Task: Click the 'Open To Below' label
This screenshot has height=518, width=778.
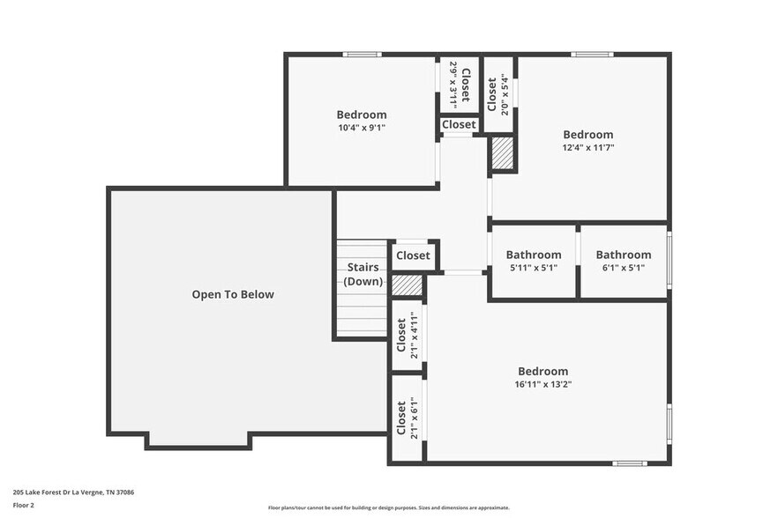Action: pos(233,294)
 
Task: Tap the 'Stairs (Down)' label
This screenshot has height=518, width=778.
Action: pos(363,274)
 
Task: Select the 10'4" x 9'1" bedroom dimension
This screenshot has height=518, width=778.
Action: pos(361,128)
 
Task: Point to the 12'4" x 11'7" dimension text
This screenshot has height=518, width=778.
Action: pos(587,148)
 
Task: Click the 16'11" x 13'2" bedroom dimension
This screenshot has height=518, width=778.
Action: pos(542,384)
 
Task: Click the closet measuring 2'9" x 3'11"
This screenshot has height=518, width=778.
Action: pos(460,85)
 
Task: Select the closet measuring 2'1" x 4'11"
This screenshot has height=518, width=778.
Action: pos(407,335)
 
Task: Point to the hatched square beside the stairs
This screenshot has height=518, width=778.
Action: pos(407,285)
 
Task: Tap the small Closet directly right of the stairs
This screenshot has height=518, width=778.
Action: pos(413,255)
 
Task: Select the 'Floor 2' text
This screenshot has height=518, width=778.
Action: pos(24,506)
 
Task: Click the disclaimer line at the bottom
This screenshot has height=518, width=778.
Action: pos(388,507)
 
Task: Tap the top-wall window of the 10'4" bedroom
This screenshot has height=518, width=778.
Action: pos(361,55)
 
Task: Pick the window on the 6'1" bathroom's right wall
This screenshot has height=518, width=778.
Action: pos(669,255)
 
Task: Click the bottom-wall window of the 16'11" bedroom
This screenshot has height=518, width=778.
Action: pos(630,462)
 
